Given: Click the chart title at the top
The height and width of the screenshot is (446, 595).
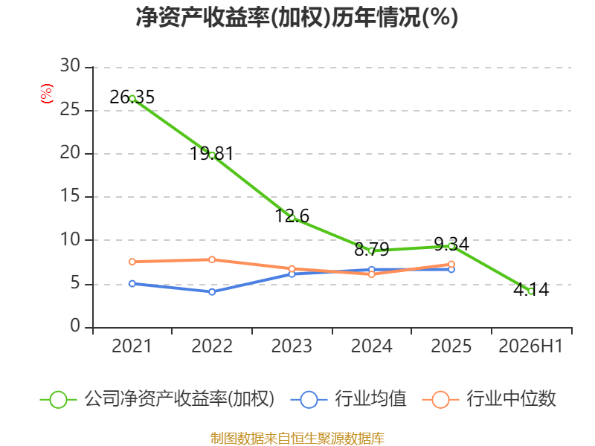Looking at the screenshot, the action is [x=297, y=17].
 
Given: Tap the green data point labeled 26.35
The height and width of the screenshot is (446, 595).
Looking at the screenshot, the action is [x=132, y=99].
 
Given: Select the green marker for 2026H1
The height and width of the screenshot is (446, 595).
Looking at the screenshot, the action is [x=531, y=291].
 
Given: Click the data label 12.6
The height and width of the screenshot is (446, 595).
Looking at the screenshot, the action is [x=292, y=216].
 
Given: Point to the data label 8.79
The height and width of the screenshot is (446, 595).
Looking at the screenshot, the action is [x=371, y=249].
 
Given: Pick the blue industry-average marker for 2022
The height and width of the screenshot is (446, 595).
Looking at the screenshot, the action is [x=212, y=291].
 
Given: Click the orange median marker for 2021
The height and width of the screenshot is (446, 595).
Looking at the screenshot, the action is [x=132, y=262].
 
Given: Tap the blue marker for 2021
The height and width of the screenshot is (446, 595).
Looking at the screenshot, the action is [x=132, y=284].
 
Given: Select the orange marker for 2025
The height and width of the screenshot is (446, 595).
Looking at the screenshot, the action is [x=451, y=265].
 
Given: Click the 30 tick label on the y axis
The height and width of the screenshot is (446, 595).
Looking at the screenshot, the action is [x=70, y=65].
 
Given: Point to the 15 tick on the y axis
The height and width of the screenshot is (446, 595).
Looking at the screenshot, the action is [x=70, y=195].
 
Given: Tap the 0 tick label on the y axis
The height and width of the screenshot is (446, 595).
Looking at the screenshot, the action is [x=75, y=326].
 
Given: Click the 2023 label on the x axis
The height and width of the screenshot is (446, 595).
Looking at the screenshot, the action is [x=292, y=346].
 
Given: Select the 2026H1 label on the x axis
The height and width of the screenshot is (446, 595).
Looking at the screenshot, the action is [x=530, y=346].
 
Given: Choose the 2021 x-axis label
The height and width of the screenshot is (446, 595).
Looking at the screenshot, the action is [x=132, y=346].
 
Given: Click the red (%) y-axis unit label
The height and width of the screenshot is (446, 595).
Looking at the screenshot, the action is [x=47, y=94].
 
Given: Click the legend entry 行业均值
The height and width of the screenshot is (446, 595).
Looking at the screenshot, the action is [x=370, y=399].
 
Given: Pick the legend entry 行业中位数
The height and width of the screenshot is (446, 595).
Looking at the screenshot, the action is [x=511, y=399].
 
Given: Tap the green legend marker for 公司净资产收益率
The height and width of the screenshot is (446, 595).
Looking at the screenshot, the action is [x=59, y=400].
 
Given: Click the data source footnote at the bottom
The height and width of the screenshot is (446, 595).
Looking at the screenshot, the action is [x=297, y=439].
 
